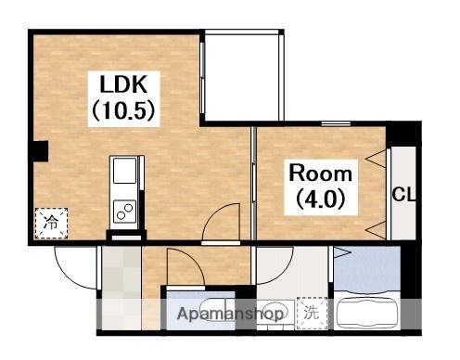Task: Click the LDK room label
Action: pyautogui.click(x=123, y=84)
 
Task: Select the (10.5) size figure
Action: pyautogui.click(x=123, y=110)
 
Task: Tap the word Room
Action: pyautogui.click(x=321, y=174)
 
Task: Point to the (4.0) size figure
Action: pyautogui.click(x=321, y=199)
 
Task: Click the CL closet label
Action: pyautogui.click(x=403, y=195)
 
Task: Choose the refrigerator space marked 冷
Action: pyautogui.click(x=51, y=223)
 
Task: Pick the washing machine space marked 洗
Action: pyautogui.click(x=312, y=313)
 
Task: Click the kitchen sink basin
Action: pyautogui.click(x=124, y=171)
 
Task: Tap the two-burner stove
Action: pyautogui.click(x=124, y=212)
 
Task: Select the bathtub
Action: pyautogui.click(x=367, y=313)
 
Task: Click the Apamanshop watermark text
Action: pyautogui.click(x=230, y=314)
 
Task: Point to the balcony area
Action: pyautogui.click(x=242, y=76)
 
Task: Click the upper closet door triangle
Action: pyautogui.click(x=377, y=159)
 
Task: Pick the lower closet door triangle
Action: pyautogui.click(x=377, y=230)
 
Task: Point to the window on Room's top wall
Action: pyautogui.click(x=336, y=123)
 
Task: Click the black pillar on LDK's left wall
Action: pyautogui.click(x=39, y=151)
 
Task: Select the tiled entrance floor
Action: pyautogui.click(x=121, y=289)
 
